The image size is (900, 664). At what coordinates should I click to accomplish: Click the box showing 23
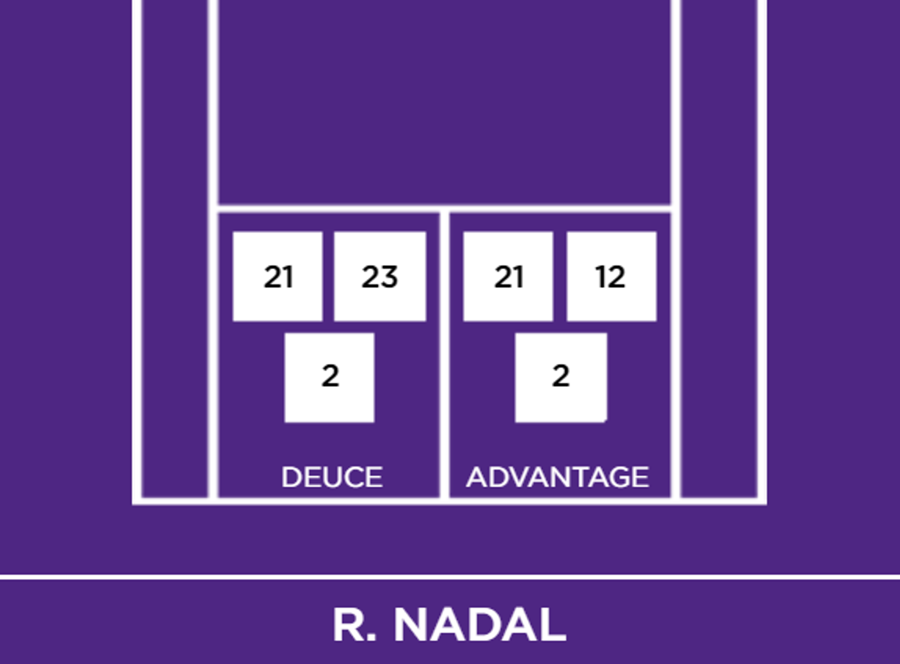point(380,276)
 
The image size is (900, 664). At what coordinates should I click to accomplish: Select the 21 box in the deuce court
point(277,276)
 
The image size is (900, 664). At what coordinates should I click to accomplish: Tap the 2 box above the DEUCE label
point(329,377)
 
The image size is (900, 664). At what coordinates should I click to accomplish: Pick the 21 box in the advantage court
point(508,276)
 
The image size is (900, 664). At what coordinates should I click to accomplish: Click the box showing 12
point(611,276)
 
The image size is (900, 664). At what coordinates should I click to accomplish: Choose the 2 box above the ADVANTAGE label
point(561,377)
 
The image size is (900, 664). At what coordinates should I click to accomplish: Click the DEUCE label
point(332,477)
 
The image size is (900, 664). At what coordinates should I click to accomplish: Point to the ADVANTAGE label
point(557,477)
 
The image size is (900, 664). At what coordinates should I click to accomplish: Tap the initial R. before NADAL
point(354,625)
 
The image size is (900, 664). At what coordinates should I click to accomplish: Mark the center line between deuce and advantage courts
point(444,352)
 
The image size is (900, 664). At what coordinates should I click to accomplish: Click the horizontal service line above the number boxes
point(444,208)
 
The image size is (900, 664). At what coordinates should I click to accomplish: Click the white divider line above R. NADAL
point(450,577)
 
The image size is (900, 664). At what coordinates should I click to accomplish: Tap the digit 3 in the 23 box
point(389,277)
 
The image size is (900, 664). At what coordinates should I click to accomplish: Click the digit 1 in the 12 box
point(600,277)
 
